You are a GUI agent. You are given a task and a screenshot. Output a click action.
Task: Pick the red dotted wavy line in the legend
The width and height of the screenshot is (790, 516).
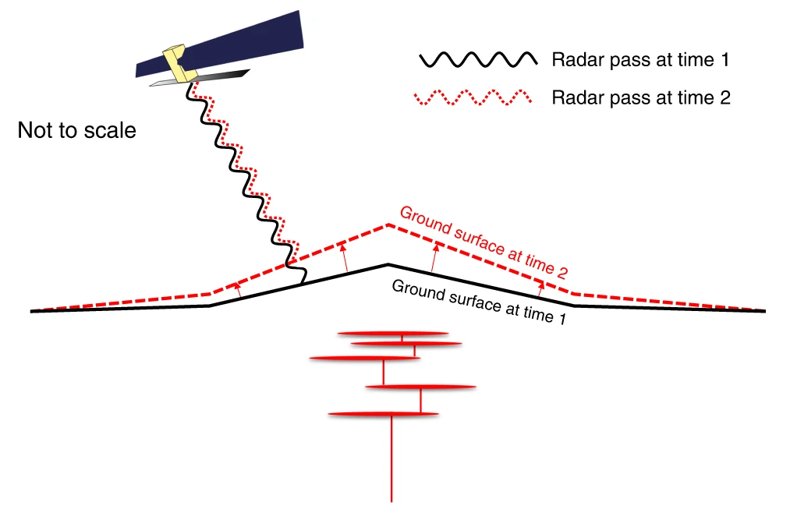[x=476, y=98]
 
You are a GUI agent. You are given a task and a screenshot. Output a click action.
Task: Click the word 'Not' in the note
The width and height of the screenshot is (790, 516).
[x=35, y=131]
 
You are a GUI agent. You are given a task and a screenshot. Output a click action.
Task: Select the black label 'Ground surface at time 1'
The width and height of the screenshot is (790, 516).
[x=478, y=302]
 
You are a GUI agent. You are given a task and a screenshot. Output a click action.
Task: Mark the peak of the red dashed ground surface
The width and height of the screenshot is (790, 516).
[x=388, y=225]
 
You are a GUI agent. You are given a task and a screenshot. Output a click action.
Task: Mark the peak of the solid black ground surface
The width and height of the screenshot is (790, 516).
[x=388, y=265]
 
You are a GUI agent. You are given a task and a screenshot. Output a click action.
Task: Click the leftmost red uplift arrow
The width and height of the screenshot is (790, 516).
[x=238, y=290]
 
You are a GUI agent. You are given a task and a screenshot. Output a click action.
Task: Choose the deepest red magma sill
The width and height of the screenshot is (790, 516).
[x=383, y=413]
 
